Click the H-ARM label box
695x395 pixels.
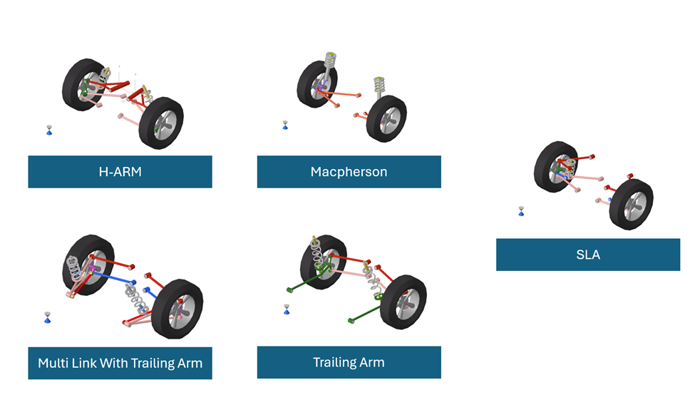(x=120, y=172)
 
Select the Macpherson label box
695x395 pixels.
(x=349, y=172)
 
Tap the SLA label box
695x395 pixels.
(x=587, y=255)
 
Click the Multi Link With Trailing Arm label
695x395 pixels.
(x=120, y=363)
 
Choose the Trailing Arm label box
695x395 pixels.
(x=349, y=362)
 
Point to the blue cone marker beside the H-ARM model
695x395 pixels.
(x=49, y=130)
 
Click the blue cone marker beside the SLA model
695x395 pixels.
(x=521, y=211)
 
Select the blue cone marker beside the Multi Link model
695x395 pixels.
(x=47, y=317)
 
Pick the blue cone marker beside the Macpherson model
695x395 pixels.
(x=285, y=125)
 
